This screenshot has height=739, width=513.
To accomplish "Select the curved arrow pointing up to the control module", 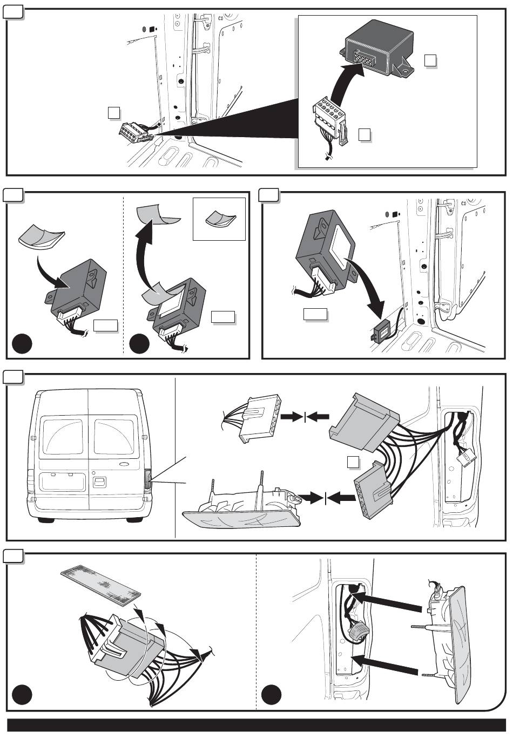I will [346, 81].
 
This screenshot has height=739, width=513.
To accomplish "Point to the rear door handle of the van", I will [100, 482].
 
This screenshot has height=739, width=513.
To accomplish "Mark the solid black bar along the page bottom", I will [256, 724].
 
